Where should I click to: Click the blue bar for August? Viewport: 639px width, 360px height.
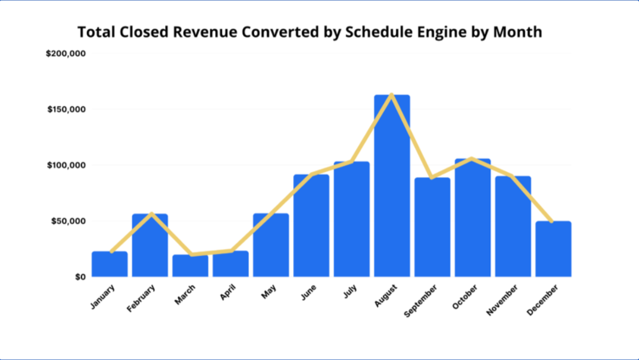[x=392, y=187]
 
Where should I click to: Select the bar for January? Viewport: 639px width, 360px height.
[x=110, y=264]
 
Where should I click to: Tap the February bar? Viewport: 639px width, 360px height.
[x=150, y=245]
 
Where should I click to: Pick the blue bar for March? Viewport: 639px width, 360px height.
[x=190, y=266]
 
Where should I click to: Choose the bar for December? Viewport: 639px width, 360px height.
[x=553, y=249]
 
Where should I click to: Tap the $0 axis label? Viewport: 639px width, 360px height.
[x=80, y=277]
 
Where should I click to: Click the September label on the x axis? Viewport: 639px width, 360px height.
[x=421, y=300]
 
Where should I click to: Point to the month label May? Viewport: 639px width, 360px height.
[x=269, y=292]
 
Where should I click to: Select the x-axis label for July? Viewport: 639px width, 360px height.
[x=350, y=291]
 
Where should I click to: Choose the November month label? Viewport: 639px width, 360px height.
[x=502, y=300]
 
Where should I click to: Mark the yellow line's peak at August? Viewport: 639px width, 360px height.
[x=391, y=94]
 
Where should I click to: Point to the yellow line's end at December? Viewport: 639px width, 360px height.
[x=552, y=222]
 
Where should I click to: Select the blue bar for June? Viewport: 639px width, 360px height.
[x=311, y=226]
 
